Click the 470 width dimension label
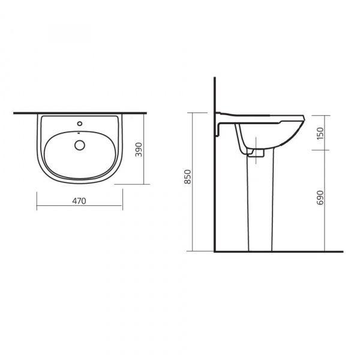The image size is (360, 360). (79, 201)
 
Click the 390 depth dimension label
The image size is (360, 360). (139, 149)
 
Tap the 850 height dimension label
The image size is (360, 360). (188, 176)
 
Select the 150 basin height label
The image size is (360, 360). (320, 133)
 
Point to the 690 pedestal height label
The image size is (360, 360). (320, 197)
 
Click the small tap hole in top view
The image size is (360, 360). (80, 124)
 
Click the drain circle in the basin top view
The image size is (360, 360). (80, 145)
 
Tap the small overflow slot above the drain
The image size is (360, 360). (79, 133)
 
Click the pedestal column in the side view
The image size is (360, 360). (260, 202)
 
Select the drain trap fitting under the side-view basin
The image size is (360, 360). (256, 153)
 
